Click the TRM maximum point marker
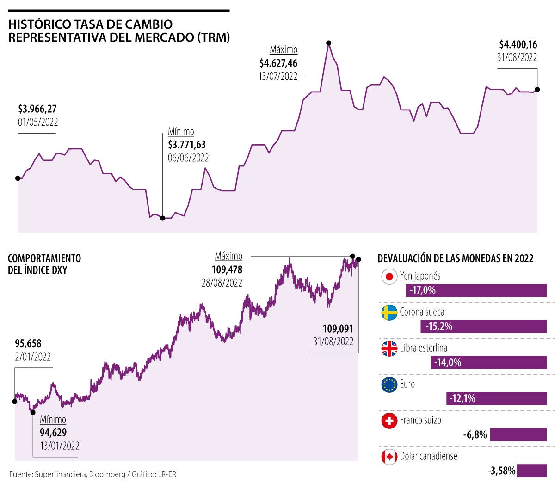tap(328, 43)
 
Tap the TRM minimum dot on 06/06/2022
tap(162, 218)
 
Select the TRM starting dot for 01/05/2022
tap(18, 178)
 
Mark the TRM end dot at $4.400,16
tap(537, 89)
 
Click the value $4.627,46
tap(278, 63)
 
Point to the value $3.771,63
tap(187, 145)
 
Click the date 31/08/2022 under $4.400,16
tap(517, 57)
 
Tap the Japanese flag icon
tap(389, 276)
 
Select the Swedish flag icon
tap(389, 312)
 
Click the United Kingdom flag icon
tap(389, 348)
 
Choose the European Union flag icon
tap(389, 385)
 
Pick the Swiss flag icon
tap(389, 421)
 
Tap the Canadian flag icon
tap(389, 457)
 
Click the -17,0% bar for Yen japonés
tap(476, 290)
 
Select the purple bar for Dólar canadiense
tap(532, 471)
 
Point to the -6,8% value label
tap(475, 434)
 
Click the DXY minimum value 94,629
tap(53, 433)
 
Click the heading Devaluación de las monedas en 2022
tap(456, 258)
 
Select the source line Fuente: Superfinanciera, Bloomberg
tap(92, 474)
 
